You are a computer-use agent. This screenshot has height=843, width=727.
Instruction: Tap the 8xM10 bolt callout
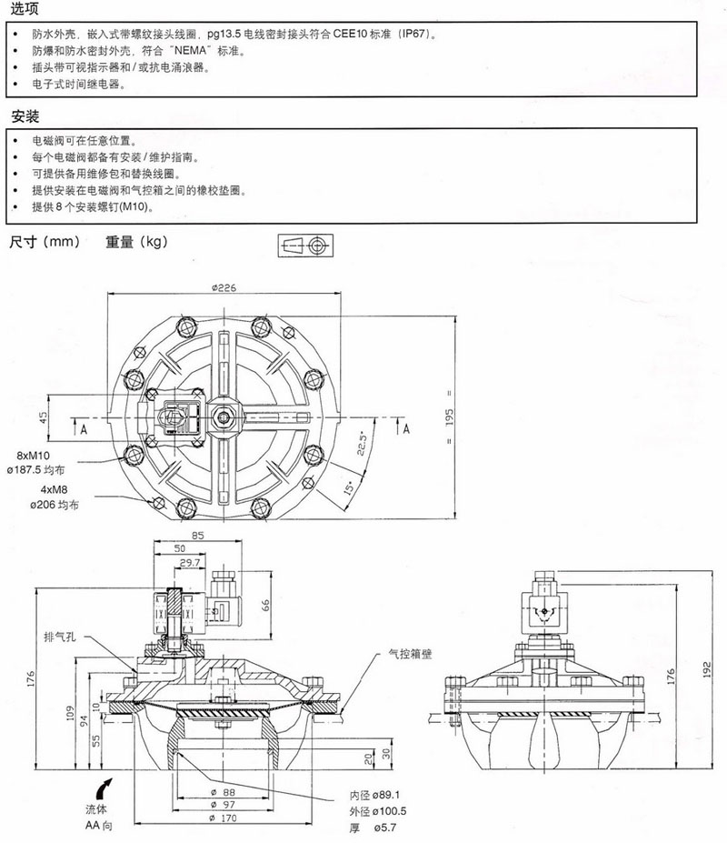[x=30, y=457]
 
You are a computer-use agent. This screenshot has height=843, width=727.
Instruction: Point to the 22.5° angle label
[x=361, y=448]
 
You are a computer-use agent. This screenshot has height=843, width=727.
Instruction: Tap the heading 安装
[x=25, y=117]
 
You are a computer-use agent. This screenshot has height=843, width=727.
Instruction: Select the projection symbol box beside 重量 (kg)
[x=304, y=246]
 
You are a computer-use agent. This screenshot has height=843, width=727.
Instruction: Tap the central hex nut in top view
[x=224, y=416]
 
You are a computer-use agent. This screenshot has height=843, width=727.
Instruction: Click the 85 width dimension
[x=198, y=534]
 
